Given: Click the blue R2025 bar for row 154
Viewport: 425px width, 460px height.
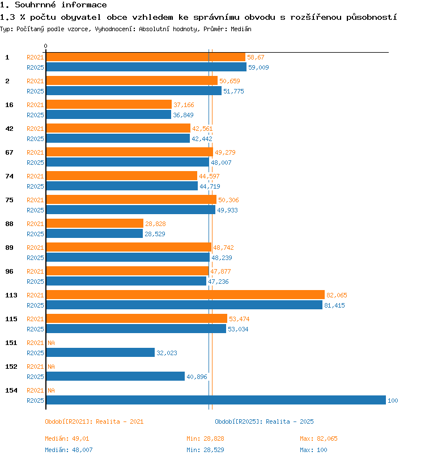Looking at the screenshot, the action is coord(216,400).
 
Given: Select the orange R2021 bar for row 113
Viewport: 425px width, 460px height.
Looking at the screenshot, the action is coord(185,295).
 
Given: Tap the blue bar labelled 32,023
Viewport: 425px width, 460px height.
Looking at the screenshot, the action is coord(100,352).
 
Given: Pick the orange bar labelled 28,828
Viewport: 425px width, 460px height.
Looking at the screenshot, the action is coord(95,223).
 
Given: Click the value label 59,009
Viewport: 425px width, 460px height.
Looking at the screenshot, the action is coord(258,67).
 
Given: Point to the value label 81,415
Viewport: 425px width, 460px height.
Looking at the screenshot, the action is coord(334,305).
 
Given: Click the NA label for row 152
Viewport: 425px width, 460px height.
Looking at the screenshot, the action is coord(51,367).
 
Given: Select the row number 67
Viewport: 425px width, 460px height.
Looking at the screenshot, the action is coord(10,152).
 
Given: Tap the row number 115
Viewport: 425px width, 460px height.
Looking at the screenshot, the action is coord(11,319).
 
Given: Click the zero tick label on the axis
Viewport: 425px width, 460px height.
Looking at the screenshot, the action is coord(45,46).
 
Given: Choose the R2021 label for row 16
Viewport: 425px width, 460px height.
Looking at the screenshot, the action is coord(35,105).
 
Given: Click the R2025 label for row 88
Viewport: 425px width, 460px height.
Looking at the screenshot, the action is coord(35,234).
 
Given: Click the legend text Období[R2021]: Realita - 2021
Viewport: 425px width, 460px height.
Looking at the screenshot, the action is coord(94,421).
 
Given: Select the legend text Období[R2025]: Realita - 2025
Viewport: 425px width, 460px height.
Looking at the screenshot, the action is coord(264,421).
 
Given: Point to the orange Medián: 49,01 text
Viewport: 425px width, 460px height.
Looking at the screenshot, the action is coord(67,438).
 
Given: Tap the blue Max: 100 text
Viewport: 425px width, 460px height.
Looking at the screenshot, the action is coord(313,450).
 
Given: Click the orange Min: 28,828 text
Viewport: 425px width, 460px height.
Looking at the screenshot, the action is coord(205,438).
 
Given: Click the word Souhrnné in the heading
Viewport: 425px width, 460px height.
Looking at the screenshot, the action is coord(35,5).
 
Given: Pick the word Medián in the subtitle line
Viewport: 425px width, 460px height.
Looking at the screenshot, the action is coord(241,29).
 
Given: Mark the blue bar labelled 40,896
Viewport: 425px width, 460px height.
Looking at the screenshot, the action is coord(116,376).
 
